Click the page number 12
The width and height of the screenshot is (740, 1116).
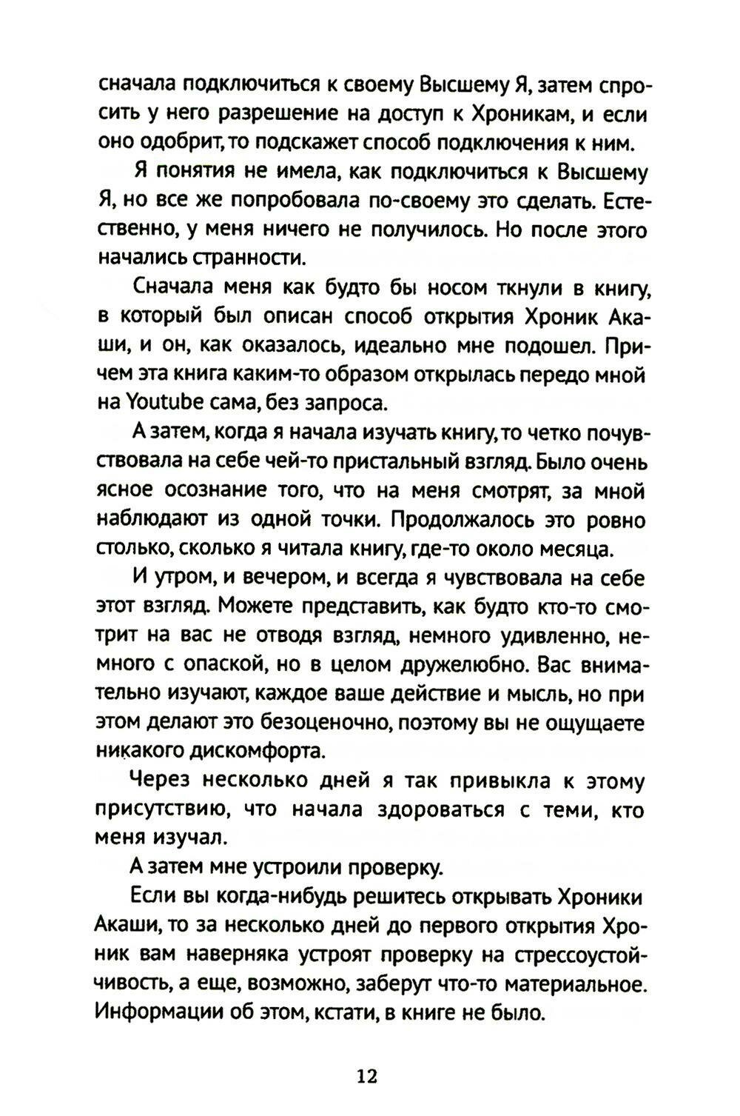pos(367,1075)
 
